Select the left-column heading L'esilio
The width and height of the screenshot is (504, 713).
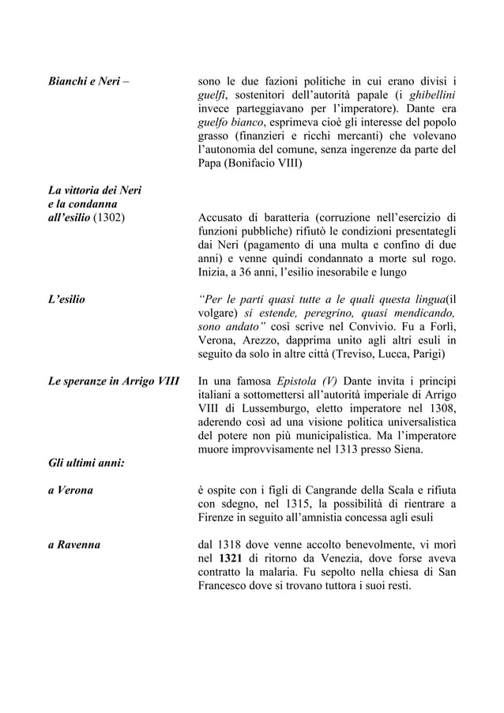pyautogui.click(x=67, y=300)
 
